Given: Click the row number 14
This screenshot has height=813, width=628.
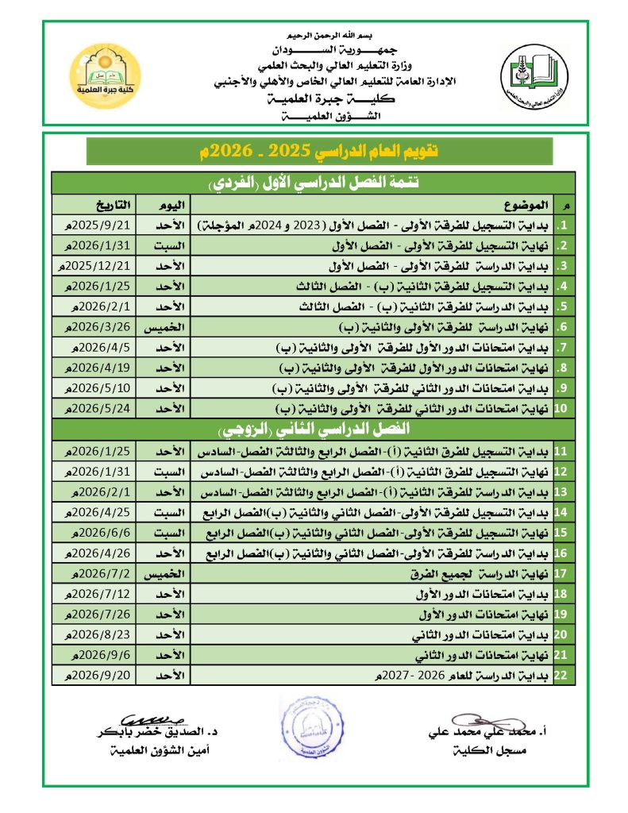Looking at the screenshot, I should coord(560,513).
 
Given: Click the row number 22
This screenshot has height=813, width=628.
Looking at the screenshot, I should coord(560,676).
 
